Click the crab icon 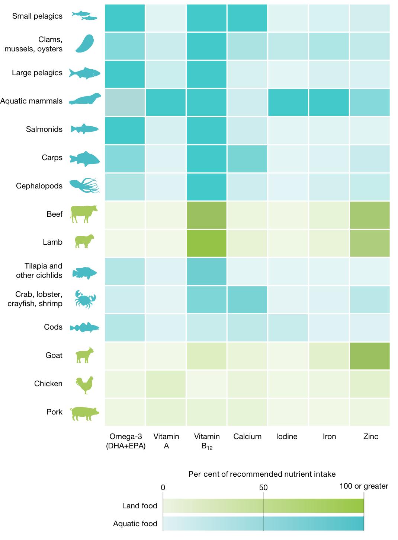pos(85,299)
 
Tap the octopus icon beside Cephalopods pos(85,186)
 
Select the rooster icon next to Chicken pos(84,384)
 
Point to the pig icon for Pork pos(85,413)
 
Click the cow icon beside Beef pos(84,214)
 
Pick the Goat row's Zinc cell pos(369,356)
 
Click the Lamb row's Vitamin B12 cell pos(206,243)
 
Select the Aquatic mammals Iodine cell pos(288,102)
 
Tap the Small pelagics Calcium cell pos(247,18)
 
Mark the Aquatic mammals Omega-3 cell pos(125,102)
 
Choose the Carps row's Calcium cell pos(247,158)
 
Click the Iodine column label pos(287,436)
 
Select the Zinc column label pos(370,436)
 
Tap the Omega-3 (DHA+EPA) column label pos(125,441)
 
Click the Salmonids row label pos(44,129)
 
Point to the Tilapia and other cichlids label pos(39,271)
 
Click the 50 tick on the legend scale pos(263,487)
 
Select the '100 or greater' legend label pos(363,486)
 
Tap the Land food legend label pos(139,506)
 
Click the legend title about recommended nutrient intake pos(262,474)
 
